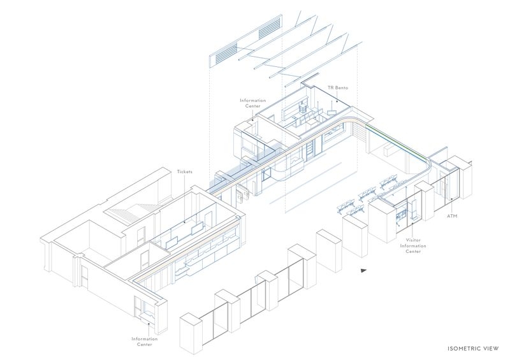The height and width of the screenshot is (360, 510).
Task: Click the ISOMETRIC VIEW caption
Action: point(473,349)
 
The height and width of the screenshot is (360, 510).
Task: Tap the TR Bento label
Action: point(338,88)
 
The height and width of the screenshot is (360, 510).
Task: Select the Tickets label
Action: point(184,171)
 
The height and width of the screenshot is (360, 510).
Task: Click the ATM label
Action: point(452,216)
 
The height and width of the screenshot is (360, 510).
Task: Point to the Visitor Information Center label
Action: point(412,245)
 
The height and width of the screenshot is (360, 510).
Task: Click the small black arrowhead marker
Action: point(363,270)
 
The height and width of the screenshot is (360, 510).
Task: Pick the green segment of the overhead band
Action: point(395,141)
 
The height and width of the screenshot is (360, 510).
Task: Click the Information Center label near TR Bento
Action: point(252,103)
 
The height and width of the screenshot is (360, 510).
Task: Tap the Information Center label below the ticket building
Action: point(145,342)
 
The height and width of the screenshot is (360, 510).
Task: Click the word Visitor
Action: point(413,240)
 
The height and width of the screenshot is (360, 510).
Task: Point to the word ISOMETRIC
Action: point(465,349)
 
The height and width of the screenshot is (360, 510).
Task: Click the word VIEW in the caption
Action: point(492,349)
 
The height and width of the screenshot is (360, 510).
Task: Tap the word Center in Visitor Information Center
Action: point(413,252)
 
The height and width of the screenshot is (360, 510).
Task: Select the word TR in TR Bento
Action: point(330,88)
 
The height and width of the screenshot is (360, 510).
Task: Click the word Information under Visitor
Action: point(412,246)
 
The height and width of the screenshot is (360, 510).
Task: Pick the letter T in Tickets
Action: point(178,171)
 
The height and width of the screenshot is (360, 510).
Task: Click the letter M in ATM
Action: point(455,216)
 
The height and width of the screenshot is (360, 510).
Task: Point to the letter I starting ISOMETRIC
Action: point(448,349)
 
